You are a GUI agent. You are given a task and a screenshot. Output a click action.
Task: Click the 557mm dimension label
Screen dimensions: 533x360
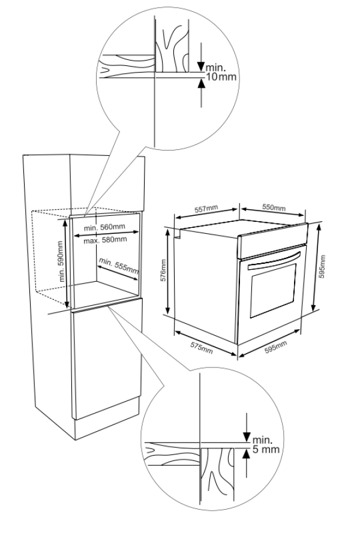206,209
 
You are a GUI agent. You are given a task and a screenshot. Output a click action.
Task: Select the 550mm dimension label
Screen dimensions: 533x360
274,208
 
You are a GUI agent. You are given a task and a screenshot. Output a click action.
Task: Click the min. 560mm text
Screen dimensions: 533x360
104,227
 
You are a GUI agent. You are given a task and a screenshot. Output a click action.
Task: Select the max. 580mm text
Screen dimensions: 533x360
105,240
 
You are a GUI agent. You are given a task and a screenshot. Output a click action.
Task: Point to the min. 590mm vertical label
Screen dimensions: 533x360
61,262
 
